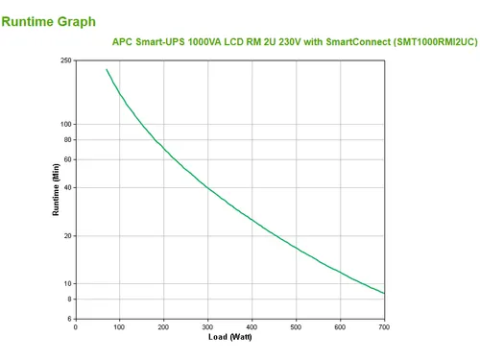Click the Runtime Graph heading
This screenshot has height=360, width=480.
[x=49, y=22]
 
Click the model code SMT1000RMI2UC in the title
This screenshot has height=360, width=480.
[x=436, y=42]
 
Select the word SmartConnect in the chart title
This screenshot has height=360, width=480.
[x=358, y=42]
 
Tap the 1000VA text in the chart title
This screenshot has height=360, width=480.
[x=204, y=42]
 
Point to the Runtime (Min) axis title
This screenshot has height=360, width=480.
[x=56, y=189]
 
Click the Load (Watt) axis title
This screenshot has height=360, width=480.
[x=230, y=337]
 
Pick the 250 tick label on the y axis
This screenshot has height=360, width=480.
[x=66, y=60]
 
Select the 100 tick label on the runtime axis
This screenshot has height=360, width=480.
[x=66, y=124]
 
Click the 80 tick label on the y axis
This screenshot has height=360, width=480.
[x=67, y=140]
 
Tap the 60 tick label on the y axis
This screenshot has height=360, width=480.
[x=67, y=159]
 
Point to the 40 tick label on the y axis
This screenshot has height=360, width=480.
[x=67, y=187]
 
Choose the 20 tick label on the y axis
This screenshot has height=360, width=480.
[x=67, y=236]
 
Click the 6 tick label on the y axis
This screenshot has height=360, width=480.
[x=69, y=319]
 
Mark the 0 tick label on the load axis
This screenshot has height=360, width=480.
[x=76, y=327]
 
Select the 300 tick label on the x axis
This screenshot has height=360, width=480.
[x=207, y=327]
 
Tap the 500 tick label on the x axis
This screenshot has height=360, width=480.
[x=296, y=327]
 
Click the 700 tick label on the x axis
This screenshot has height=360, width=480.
[x=384, y=327]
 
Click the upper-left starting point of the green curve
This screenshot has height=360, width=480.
[x=107, y=69]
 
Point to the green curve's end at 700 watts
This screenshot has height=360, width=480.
[x=384, y=293]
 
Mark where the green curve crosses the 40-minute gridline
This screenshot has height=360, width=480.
[x=207, y=187]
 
